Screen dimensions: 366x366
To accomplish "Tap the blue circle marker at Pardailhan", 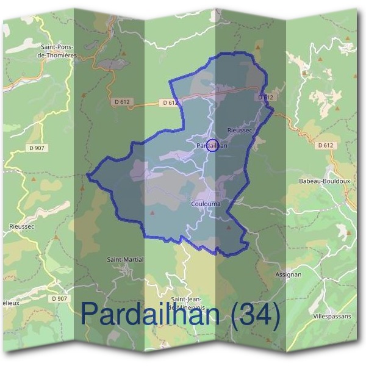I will click(212, 145).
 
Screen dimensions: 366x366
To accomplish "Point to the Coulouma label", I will click(205, 204).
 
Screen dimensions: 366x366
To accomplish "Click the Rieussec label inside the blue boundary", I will click(239, 131).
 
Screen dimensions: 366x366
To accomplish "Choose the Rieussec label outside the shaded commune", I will click(22, 226).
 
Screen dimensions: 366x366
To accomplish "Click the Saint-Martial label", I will click(125, 259).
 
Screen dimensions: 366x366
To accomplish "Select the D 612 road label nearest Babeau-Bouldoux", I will click(326, 145).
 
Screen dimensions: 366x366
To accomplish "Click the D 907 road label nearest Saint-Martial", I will click(60, 298).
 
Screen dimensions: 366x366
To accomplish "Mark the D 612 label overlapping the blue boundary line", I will click(267, 97).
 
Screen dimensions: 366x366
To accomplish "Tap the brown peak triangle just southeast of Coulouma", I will click(229, 227).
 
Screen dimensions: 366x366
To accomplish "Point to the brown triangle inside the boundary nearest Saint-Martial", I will click(151, 213).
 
